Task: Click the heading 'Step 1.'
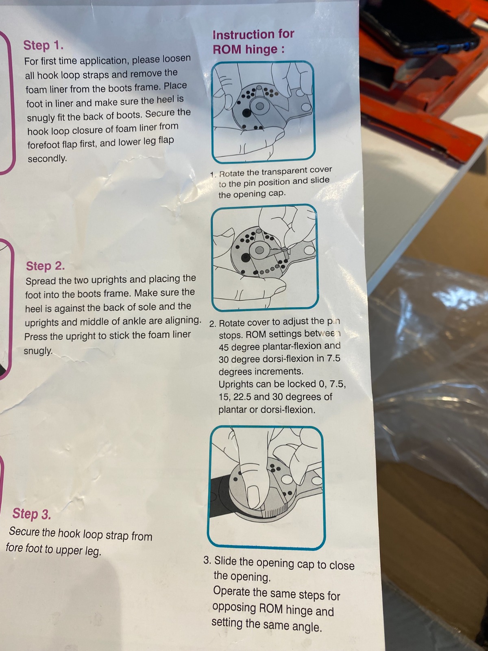43,46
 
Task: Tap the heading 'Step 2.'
45,266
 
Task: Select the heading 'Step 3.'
31,514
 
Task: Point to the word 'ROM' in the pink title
227,50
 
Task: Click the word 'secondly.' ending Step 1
48,158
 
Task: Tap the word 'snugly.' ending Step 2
38,351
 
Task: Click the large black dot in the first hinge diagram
246,113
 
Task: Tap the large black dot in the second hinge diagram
245,258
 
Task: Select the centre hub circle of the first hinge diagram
260,106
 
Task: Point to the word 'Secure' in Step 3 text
24,531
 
